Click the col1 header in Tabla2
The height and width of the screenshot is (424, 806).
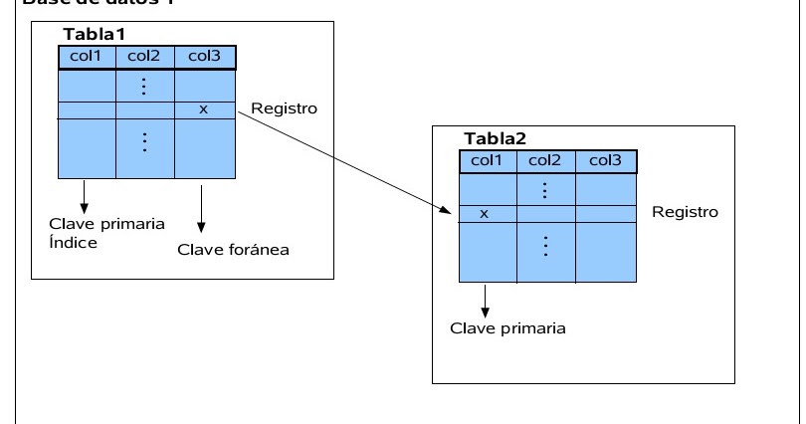(x=488, y=160)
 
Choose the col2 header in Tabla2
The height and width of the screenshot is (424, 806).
(x=546, y=160)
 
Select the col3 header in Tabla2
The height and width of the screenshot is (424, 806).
(x=606, y=160)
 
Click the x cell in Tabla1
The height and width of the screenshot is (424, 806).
(x=204, y=109)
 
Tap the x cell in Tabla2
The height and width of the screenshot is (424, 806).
(x=485, y=213)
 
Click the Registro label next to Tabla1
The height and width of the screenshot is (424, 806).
(x=285, y=108)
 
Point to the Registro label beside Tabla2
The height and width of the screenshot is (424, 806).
(x=685, y=212)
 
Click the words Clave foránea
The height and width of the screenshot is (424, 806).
(x=233, y=249)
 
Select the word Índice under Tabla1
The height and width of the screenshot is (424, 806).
(x=73, y=242)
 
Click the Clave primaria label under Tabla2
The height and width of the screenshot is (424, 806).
(x=507, y=328)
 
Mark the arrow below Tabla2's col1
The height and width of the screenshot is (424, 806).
(x=485, y=299)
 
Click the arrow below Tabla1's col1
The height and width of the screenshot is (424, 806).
(x=86, y=194)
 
